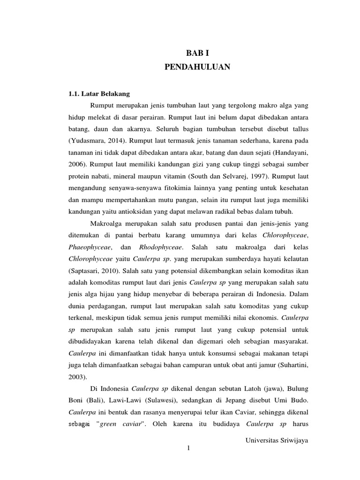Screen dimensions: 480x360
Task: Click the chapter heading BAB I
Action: (197, 54)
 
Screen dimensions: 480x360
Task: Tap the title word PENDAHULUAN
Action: (197, 67)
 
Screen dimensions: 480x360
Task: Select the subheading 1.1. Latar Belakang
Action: (99, 93)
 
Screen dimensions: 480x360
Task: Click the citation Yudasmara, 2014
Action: (98, 141)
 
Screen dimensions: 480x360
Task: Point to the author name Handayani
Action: (290, 152)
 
